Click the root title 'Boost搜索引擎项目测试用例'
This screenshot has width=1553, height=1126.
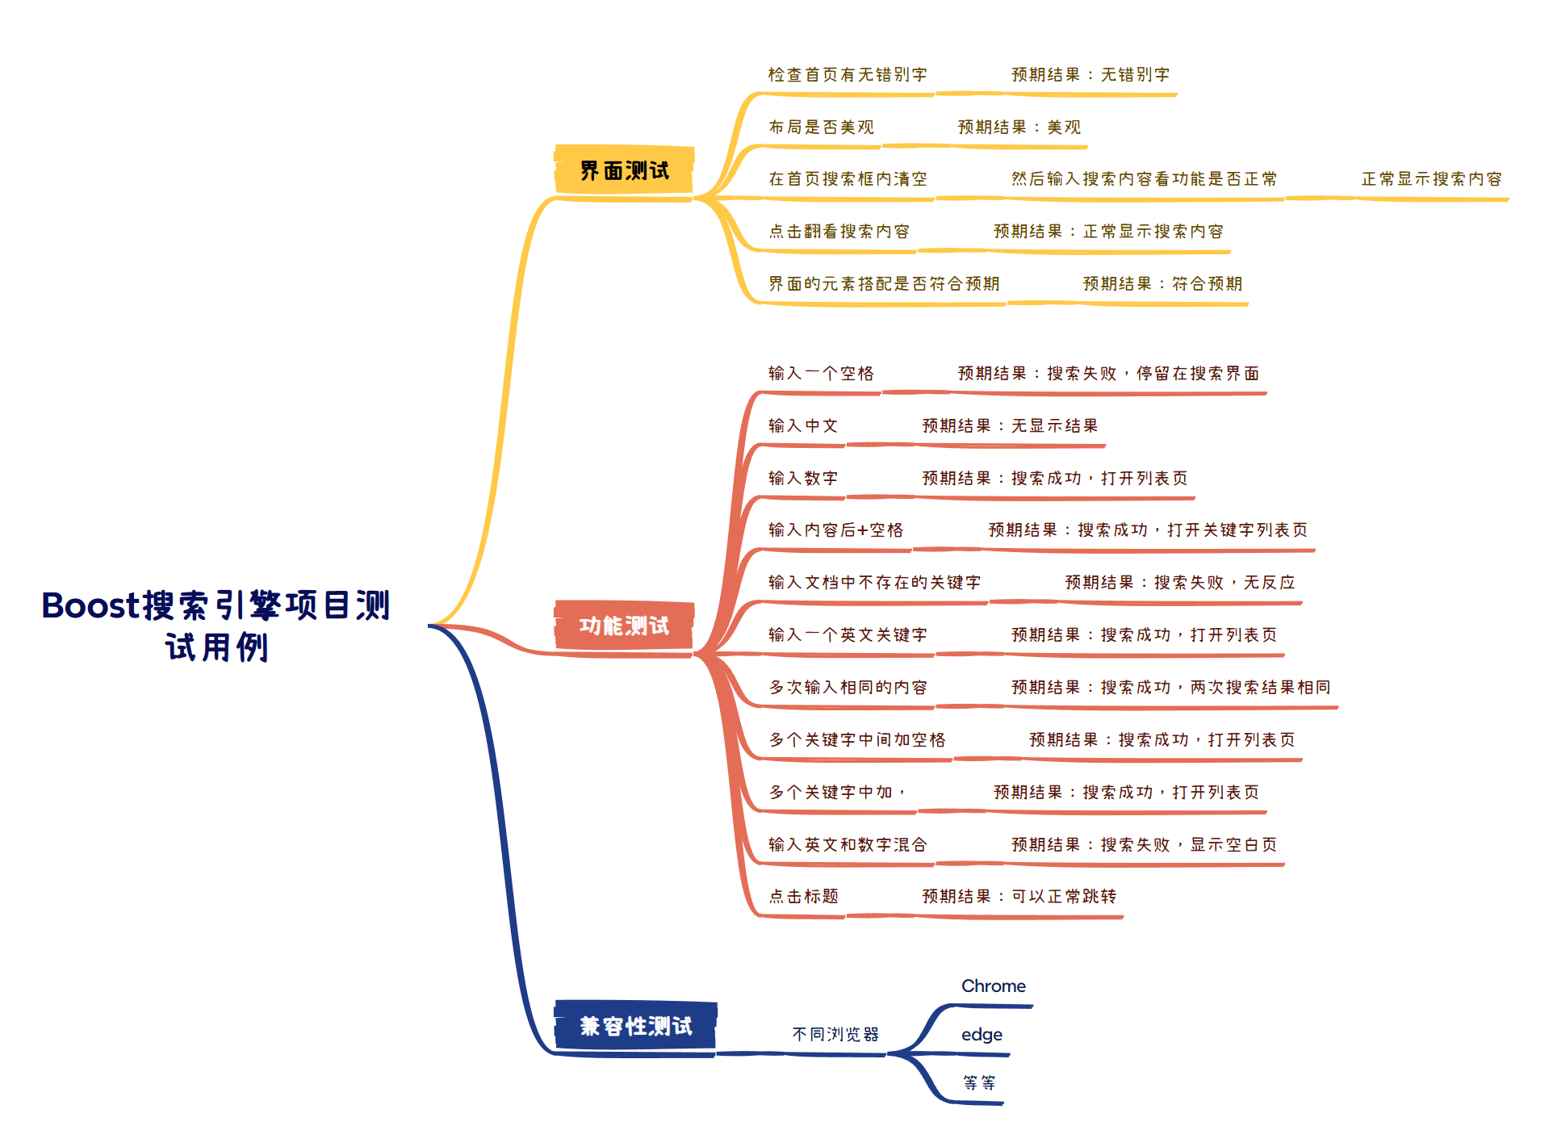click(216, 626)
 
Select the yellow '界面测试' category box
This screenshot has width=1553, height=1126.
click(624, 170)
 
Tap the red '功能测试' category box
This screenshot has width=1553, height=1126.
click(624, 626)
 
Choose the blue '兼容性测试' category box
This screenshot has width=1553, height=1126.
click(635, 1026)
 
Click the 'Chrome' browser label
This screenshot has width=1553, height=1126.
click(993, 986)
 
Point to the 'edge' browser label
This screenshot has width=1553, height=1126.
click(982, 1035)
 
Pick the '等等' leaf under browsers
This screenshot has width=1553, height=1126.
click(979, 1082)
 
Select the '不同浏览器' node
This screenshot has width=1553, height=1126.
click(835, 1035)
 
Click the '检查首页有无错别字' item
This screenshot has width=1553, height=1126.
click(848, 75)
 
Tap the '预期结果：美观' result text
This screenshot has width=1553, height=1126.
click(1019, 128)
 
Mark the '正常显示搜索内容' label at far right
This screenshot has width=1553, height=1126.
click(1431, 179)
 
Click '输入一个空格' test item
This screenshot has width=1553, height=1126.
click(821, 374)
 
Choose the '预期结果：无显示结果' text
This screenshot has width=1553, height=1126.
click(1010, 426)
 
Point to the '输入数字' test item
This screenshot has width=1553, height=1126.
click(803, 479)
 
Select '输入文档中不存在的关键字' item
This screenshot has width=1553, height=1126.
click(875, 583)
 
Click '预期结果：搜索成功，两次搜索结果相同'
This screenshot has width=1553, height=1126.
click(1170, 688)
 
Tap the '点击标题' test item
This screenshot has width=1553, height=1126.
click(803, 897)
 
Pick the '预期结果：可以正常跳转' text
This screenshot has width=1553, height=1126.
click(1019, 897)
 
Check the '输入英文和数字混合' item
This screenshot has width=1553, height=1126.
click(848, 845)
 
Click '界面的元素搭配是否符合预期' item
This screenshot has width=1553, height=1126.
click(884, 284)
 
